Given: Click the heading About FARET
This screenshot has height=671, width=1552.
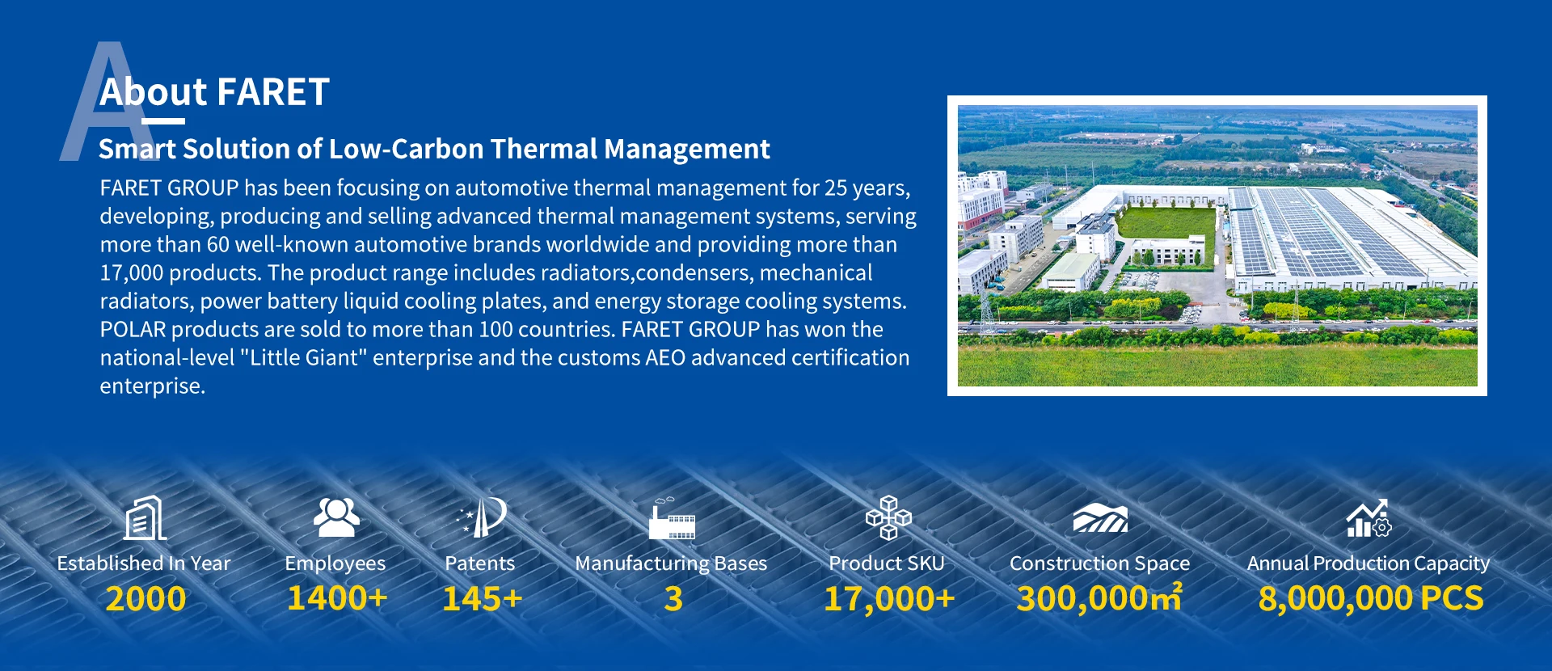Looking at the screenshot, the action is (x=214, y=92).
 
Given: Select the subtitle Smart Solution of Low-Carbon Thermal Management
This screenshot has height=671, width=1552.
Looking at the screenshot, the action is (x=434, y=150).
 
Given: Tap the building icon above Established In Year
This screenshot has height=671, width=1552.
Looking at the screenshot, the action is (x=145, y=517).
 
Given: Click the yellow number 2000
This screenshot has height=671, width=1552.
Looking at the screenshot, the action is (x=145, y=599).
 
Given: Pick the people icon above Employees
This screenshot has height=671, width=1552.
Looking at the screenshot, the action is (x=336, y=517).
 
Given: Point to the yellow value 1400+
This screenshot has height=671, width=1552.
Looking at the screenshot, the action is (x=337, y=599).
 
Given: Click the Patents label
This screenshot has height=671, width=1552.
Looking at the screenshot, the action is (x=480, y=563).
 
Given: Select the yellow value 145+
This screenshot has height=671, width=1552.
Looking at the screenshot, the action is (x=482, y=599).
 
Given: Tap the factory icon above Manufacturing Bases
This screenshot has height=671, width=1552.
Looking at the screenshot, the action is (x=672, y=519).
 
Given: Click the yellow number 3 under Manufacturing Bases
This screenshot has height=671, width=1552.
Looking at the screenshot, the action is (x=673, y=599).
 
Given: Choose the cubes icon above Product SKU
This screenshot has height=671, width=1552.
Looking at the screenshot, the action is (x=888, y=517).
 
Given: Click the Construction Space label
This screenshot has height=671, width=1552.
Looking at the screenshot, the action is (x=1099, y=563).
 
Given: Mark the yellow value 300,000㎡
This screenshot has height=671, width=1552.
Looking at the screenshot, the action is (x=1099, y=598).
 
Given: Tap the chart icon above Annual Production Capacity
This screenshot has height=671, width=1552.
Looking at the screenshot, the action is (x=1369, y=518).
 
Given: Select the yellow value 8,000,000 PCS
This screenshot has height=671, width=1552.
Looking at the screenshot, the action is (x=1371, y=599).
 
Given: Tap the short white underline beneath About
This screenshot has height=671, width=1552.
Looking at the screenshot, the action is (x=163, y=121).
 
